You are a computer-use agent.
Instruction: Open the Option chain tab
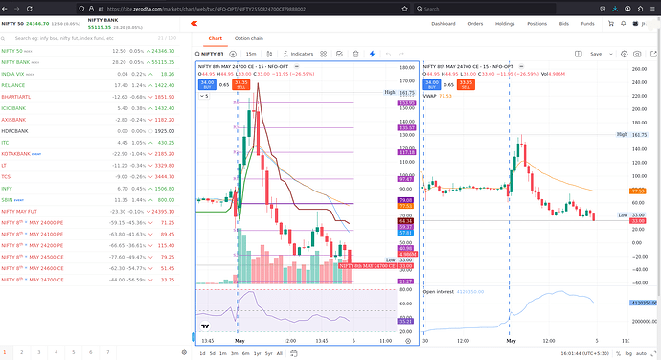click(249, 38)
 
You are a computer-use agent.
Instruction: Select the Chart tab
click(215, 38)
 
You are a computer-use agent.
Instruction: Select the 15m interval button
click(251, 54)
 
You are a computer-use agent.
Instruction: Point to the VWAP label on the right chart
click(431, 95)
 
